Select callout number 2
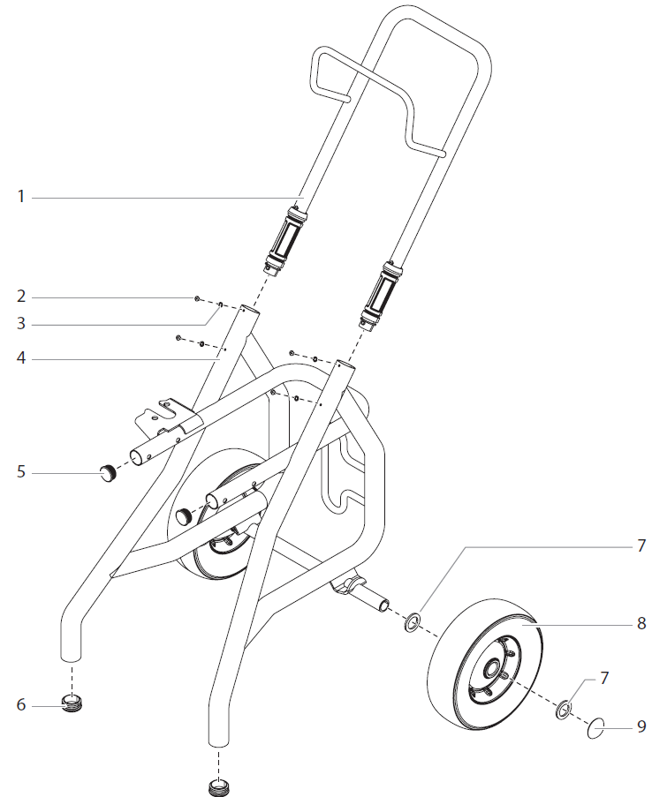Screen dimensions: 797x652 (x=21, y=296)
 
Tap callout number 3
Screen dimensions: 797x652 (x=21, y=324)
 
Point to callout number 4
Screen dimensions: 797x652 (x=21, y=359)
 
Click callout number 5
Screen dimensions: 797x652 (x=21, y=472)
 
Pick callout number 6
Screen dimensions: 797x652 (x=21, y=704)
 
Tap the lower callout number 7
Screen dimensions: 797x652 (x=604, y=678)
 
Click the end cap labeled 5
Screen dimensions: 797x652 (x=109, y=473)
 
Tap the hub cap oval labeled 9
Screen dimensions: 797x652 (x=596, y=728)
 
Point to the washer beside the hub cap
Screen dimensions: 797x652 (x=562, y=710)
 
